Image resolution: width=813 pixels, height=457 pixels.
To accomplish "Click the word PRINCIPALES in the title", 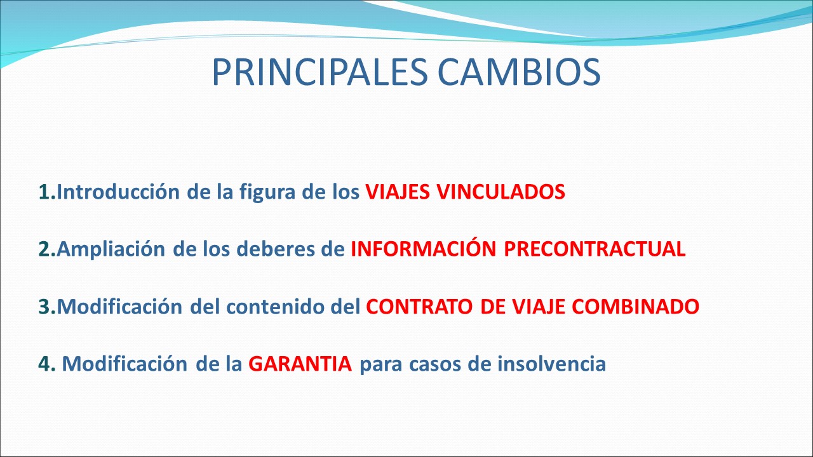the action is tap(320, 72).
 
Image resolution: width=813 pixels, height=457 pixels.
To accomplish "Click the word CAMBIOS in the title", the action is tap(520, 72).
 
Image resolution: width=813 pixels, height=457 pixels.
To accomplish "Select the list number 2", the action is tap(47, 249).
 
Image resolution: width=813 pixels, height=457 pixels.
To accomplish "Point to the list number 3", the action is tap(47, 307).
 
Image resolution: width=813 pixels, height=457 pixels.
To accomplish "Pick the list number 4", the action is tap(47, 364).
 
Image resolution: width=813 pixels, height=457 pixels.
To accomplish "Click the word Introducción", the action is tap(118, 192).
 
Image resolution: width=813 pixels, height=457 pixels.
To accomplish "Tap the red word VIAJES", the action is tap(398, 192).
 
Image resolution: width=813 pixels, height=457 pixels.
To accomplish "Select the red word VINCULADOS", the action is tap(501, 192).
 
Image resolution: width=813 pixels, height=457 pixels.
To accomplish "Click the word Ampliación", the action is tap(111, 249).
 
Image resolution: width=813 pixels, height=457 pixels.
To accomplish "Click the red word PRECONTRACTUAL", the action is tap(595, 249).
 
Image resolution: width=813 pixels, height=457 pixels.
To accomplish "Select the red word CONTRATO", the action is tap(419, 307).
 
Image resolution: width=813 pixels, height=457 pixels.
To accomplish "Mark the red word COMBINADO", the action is tap(636, 307).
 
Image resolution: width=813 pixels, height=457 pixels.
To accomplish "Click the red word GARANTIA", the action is tap(300, 364).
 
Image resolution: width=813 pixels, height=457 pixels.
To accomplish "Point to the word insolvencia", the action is tap(552, 364).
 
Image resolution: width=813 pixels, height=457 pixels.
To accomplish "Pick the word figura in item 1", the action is tap(267, 192).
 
